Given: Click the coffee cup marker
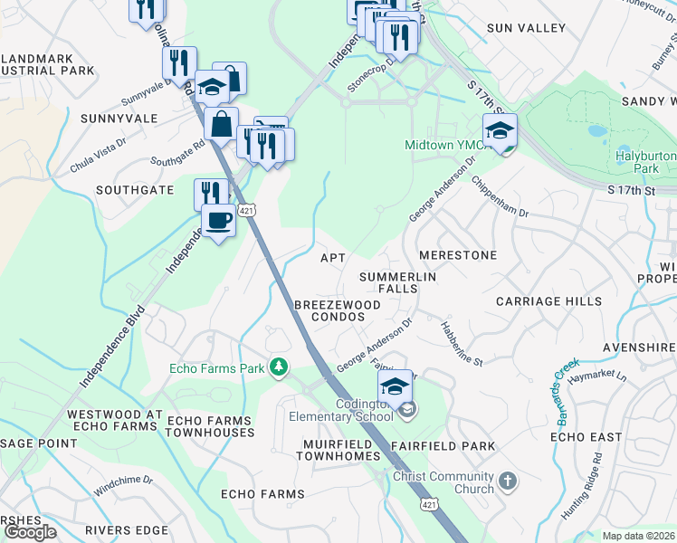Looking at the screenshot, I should point(217,220).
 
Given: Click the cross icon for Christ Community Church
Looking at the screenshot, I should point(508,480).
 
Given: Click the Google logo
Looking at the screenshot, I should point(30,532).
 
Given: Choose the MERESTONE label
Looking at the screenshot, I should point(457,256).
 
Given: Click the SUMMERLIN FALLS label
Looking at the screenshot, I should point(398,282).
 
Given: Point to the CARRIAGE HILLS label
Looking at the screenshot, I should point(548,300).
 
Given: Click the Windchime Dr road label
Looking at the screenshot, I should point(123,486).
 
